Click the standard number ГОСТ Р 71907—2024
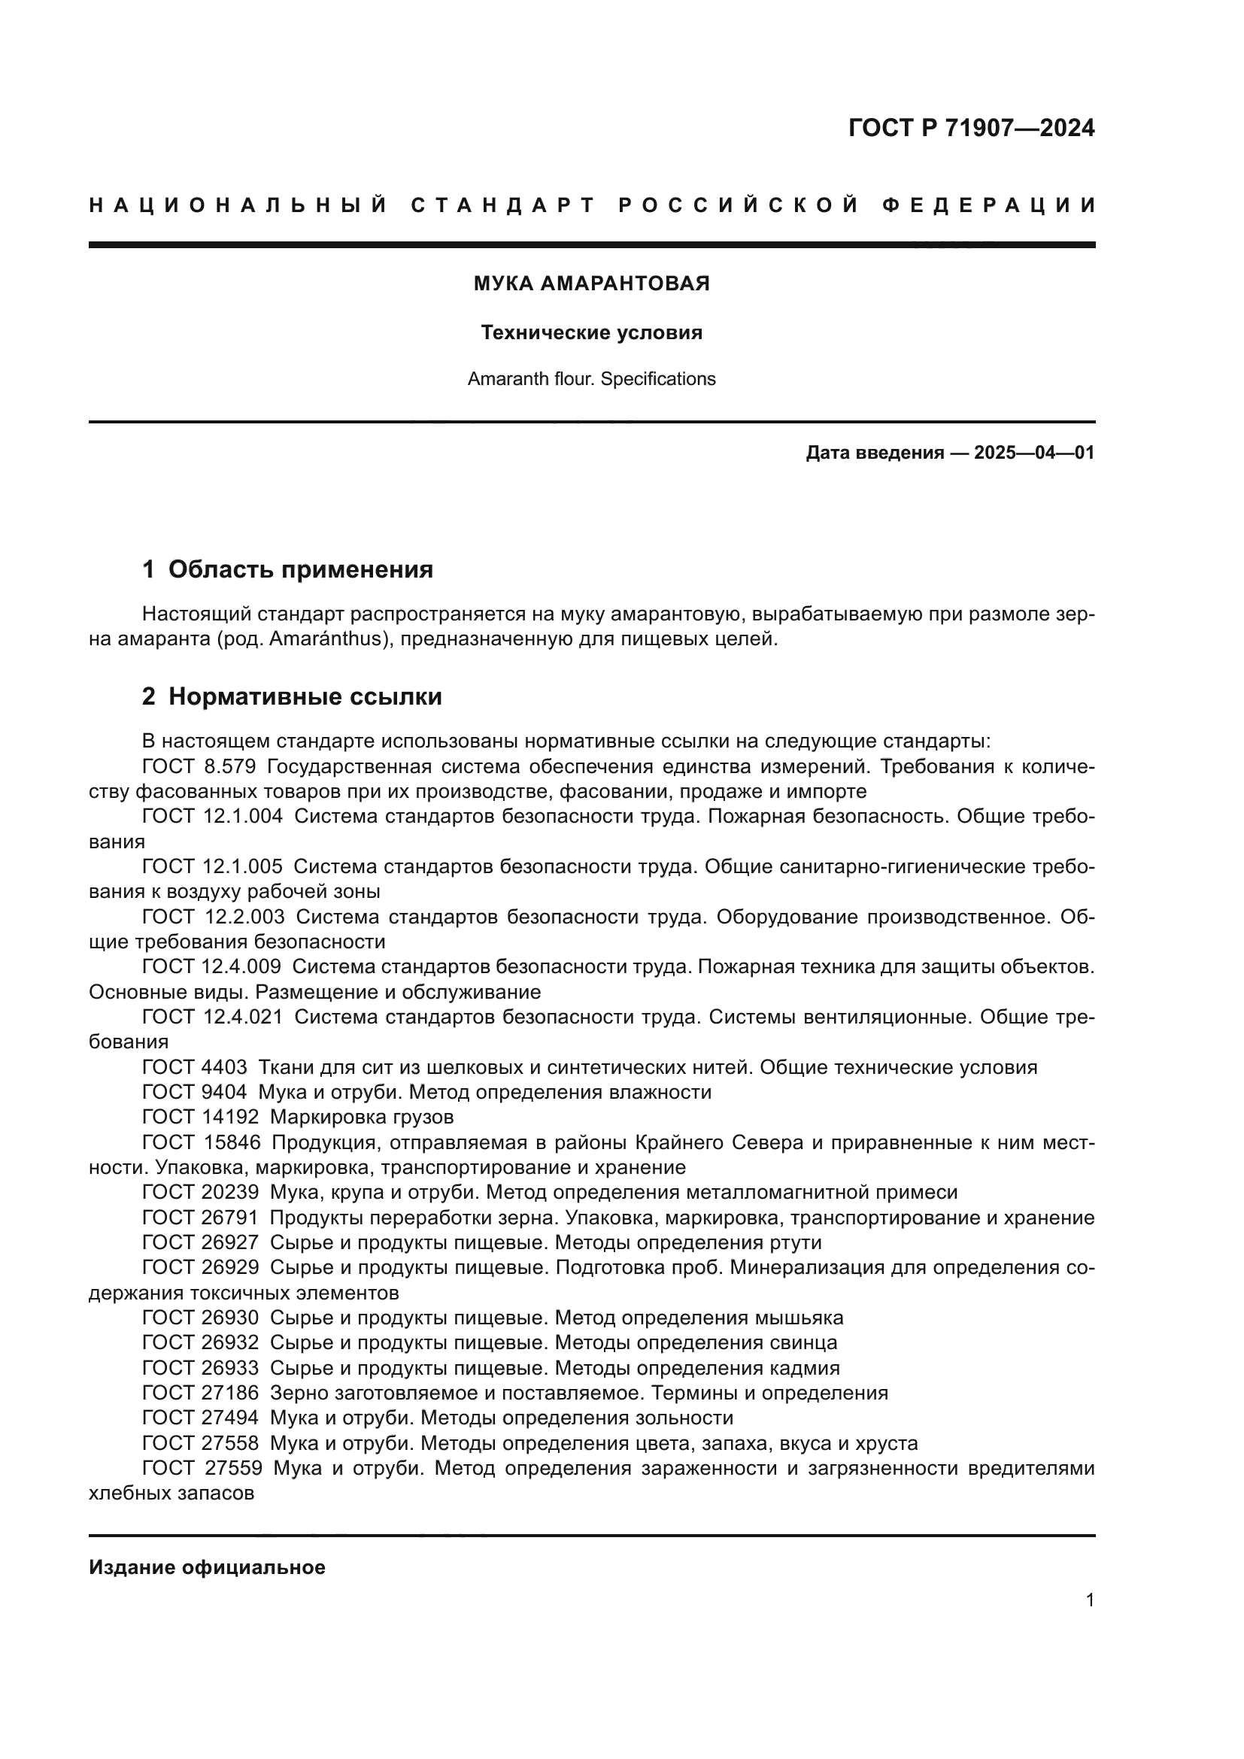pos(970,128)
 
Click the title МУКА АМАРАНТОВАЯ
pos(591,284)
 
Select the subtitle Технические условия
pos(591,332)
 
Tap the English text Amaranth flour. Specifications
pos(591,379)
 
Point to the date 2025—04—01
pos(1033,453)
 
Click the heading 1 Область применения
pos(287,569)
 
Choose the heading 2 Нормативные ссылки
pos(292,696)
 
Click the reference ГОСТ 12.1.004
pos(212,817)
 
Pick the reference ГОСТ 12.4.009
pos(211,967)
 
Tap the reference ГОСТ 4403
pos(195,1067)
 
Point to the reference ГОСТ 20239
pos(201,1193)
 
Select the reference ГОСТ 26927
pos(201,1242)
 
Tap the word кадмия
pos(803,1368)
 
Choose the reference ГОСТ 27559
pos(202,1469)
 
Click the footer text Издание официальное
pos(207,1566)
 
